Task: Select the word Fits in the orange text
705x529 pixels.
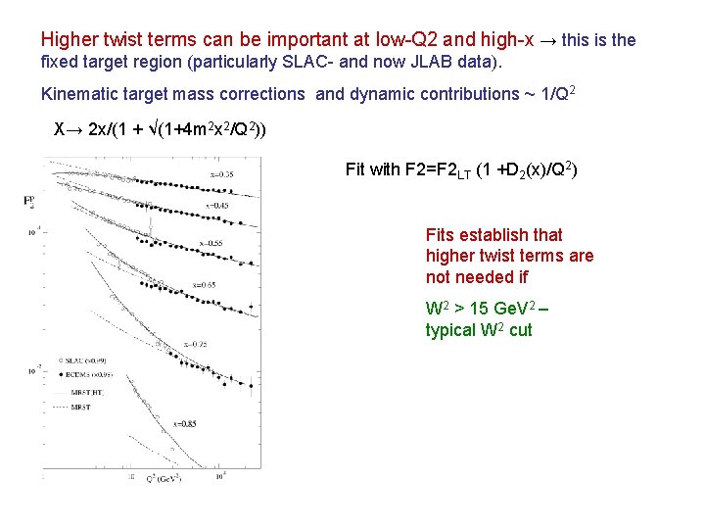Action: pyautogui.click(x=442, y=235)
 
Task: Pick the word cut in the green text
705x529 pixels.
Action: pyautogui.click(x=520, y=329)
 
